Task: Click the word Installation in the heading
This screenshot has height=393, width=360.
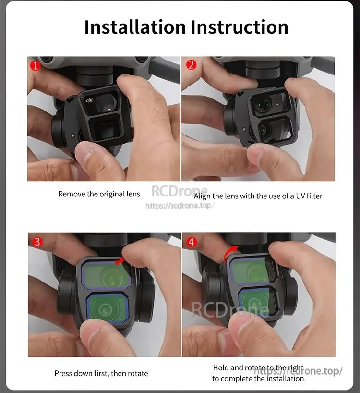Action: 135,27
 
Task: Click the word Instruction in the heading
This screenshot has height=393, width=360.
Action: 240,27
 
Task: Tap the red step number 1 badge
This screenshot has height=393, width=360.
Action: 35,65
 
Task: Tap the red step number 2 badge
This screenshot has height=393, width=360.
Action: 191,65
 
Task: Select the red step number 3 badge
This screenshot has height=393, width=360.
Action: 37,242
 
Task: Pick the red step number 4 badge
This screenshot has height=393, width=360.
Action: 192,242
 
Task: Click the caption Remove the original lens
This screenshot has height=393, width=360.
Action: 99,194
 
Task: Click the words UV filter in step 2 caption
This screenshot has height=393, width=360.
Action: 307,196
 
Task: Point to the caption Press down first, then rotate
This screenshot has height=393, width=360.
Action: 101,373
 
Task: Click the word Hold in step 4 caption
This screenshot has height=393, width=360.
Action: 221,368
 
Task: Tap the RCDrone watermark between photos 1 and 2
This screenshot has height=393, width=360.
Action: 180,191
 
